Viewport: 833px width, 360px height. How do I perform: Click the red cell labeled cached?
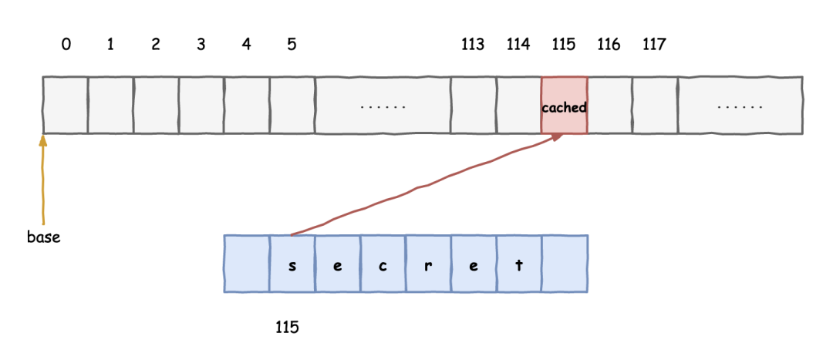pyautogui.click(x=564, y=106)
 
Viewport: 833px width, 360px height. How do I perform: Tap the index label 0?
pyautogui.click(x=66, y=45)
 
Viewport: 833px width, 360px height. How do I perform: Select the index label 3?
pyautogui.click(x=201, y=45)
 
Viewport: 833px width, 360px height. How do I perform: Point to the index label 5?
pyautogui.click(x=292, y=45)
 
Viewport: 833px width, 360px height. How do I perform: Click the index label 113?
pyautogui.click(x=473, y=45)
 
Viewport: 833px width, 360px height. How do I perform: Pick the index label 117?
pyautogui.click(x=654, y=45)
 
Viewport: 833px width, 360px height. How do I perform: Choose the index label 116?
pyautogui.click(x=609, y=45)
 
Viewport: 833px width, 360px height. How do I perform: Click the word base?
pyautogui.click(x=43, y=237)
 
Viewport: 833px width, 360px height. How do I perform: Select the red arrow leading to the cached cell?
pyautogui.click(x=424, y=186)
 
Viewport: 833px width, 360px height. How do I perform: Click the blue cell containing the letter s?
pyautogui.click(x=292, y=264)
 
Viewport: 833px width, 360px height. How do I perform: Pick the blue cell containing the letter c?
pyautogui.click(x=383, y=264)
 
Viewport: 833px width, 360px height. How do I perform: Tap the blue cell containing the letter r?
pyautogui.click(x=428, y=264)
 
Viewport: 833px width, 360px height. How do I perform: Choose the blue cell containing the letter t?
pyautogui.click(x=518, y=264)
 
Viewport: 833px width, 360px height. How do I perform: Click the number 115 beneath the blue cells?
pyautogui.click(x=287, y=327)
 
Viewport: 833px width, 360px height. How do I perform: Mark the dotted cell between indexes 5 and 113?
pyautogui.click(x=383, y=106)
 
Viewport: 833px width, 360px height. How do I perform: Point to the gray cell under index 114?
pyautogui.click(x=518, y=106)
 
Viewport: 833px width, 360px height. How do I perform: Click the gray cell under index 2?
pyautogui.click(x=156, y=106)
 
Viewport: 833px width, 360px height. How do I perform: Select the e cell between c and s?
pyautogui.click(x=337, y=264)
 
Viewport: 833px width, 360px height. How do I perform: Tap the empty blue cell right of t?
pyautogui.click(x=565, y=264)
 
